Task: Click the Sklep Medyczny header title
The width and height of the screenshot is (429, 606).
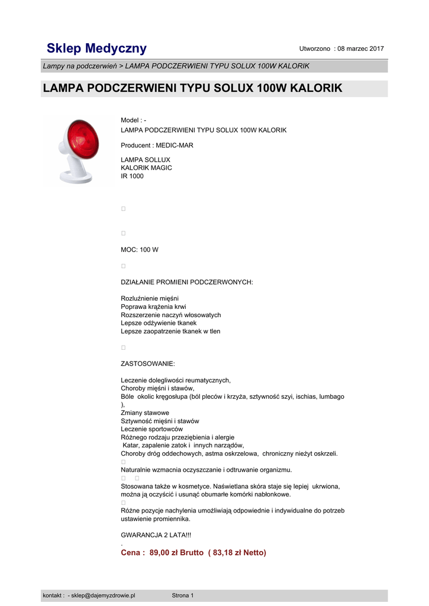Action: (x=96, y=48)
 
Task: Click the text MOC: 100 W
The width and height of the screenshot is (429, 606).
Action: (x=140, y=250)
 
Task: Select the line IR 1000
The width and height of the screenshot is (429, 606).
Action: (x=132, y=176)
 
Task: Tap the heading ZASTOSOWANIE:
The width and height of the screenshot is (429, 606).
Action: (x=147, y=363)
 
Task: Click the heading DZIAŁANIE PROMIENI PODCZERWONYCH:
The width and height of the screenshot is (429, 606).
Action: (x=186, y=282)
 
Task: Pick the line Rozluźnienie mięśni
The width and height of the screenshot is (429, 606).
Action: (x=150, y=298)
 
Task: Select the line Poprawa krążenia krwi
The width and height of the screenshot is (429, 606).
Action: (x=153, y=307)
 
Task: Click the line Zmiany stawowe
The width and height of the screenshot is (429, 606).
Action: (x=145, y=412)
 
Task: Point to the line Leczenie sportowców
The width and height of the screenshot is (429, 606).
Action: (x=151, y=429)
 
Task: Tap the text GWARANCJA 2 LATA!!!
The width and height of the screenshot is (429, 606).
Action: (x=156, y=536)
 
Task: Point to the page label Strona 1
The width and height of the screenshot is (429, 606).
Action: (x=182, y=595)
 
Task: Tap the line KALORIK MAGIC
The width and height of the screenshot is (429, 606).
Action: (x=146, y=167)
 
